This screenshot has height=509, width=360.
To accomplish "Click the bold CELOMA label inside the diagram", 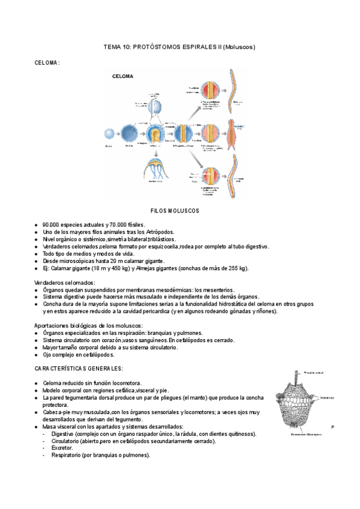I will click(x=123, y=76).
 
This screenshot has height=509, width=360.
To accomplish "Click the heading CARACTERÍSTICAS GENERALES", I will click(x=79, y=368).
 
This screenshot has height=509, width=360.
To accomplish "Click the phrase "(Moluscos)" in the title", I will click(x=239, y=46).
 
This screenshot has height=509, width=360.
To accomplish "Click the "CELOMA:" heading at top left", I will click(x=47, y=62).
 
